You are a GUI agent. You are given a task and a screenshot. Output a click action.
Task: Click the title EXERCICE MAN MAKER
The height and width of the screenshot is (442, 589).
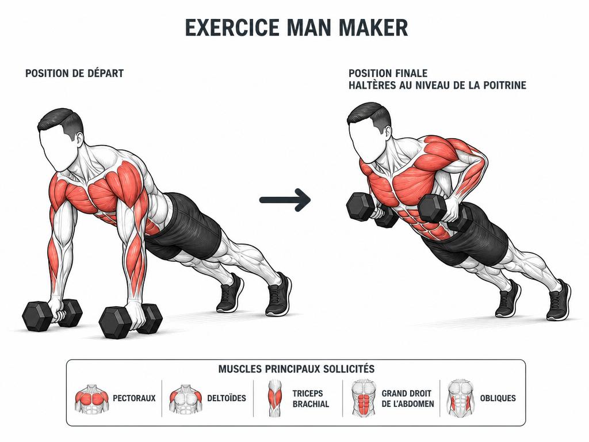(x=296, y=28)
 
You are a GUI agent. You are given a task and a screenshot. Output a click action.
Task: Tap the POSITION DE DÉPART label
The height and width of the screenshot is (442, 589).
(x=74, y=73)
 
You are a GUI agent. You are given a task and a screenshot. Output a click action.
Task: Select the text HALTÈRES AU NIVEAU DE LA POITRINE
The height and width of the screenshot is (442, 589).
(x=437, y=85)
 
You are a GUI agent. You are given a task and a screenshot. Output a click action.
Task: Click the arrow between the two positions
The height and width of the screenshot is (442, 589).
(x=285, y=200)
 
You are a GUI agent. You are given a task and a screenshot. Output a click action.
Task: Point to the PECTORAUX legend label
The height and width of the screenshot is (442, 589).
(x=134, y=398)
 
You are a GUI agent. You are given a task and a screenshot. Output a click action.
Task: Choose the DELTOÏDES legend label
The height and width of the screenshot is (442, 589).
(x=227, y=398)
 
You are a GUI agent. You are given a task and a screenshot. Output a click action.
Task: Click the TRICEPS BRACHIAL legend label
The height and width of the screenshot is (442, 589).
(x=311, y=399)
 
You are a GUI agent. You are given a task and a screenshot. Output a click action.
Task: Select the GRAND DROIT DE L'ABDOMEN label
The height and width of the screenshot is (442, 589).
(x=408, y=399)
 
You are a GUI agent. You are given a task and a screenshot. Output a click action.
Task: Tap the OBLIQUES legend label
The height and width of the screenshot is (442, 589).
(x=498, y=398)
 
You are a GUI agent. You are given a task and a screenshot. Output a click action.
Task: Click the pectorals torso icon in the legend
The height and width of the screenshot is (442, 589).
(x=91, y=399)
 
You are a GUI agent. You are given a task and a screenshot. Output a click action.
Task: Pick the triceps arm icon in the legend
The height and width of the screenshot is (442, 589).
(x=275, y=398)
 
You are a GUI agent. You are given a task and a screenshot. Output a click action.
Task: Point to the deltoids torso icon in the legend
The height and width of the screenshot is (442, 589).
(x=185, y=399)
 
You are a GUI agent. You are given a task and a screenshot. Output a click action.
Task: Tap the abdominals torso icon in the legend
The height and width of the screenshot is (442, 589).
(x=364, y=398)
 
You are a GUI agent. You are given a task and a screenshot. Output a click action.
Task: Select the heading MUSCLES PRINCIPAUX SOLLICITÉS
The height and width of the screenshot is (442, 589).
(x=296, y=369)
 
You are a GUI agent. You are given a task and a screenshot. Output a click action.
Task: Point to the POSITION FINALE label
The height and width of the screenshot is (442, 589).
(x=388, y=73)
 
